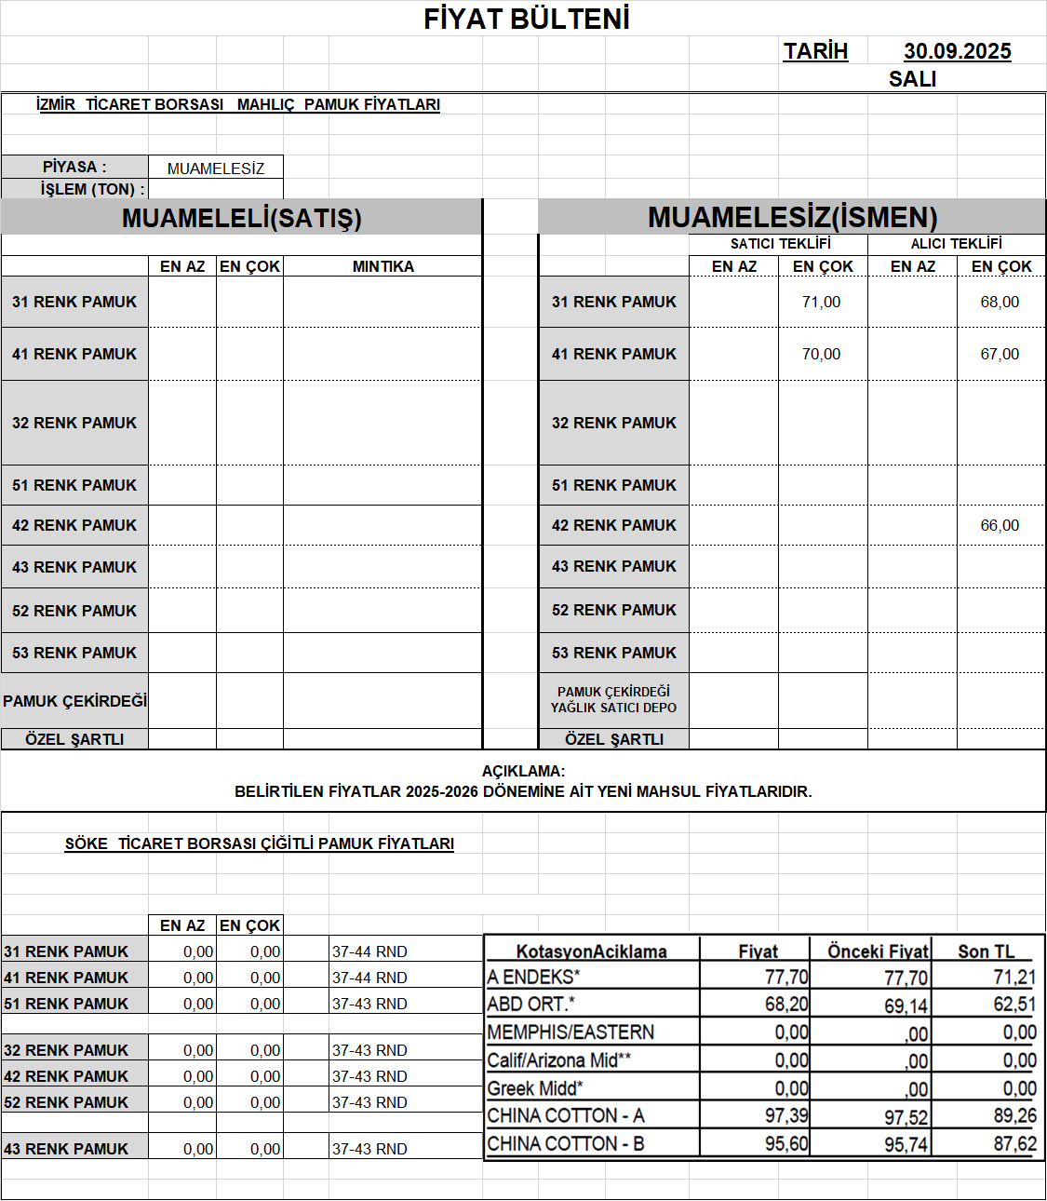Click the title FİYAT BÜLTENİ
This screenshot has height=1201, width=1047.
tap(527, 19)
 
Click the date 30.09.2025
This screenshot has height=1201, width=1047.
tap(957, 51)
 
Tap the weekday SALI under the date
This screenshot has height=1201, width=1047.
tap(912, 79)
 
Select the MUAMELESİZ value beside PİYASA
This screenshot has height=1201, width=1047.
tap(216, 169)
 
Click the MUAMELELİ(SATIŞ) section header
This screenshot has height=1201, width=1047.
tap(241, 218)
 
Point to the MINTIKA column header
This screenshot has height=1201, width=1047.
tap(383, 266)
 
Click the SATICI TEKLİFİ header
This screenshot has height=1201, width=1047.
tap(780, 244)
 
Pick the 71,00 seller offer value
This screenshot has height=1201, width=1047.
tap(821, 302)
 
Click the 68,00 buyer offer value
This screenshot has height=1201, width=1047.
tap(1000, 302)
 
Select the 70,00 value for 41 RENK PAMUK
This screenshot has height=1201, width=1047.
tap(821, 354)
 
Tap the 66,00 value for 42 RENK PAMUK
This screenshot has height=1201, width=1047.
tap(1000, 525)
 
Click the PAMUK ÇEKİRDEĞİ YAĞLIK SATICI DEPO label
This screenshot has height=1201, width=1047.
tap(613, 699)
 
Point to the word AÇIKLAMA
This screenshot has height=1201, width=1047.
tap(523, 771)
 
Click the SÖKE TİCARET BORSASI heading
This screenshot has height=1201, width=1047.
tap(259, 843)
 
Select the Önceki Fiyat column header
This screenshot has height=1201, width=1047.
tap(878, 951)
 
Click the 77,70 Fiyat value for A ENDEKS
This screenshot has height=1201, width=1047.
tap(786, 977)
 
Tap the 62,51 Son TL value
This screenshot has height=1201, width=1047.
tap(1014, 1005)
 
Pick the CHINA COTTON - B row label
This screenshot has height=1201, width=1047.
tap(566, 1143)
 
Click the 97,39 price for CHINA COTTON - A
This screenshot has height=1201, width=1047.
tap(786, 1115)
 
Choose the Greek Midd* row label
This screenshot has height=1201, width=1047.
tap(535, 1088)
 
